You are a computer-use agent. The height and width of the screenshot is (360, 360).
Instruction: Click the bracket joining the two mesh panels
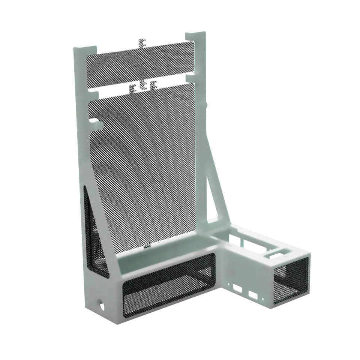coord(145,87)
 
